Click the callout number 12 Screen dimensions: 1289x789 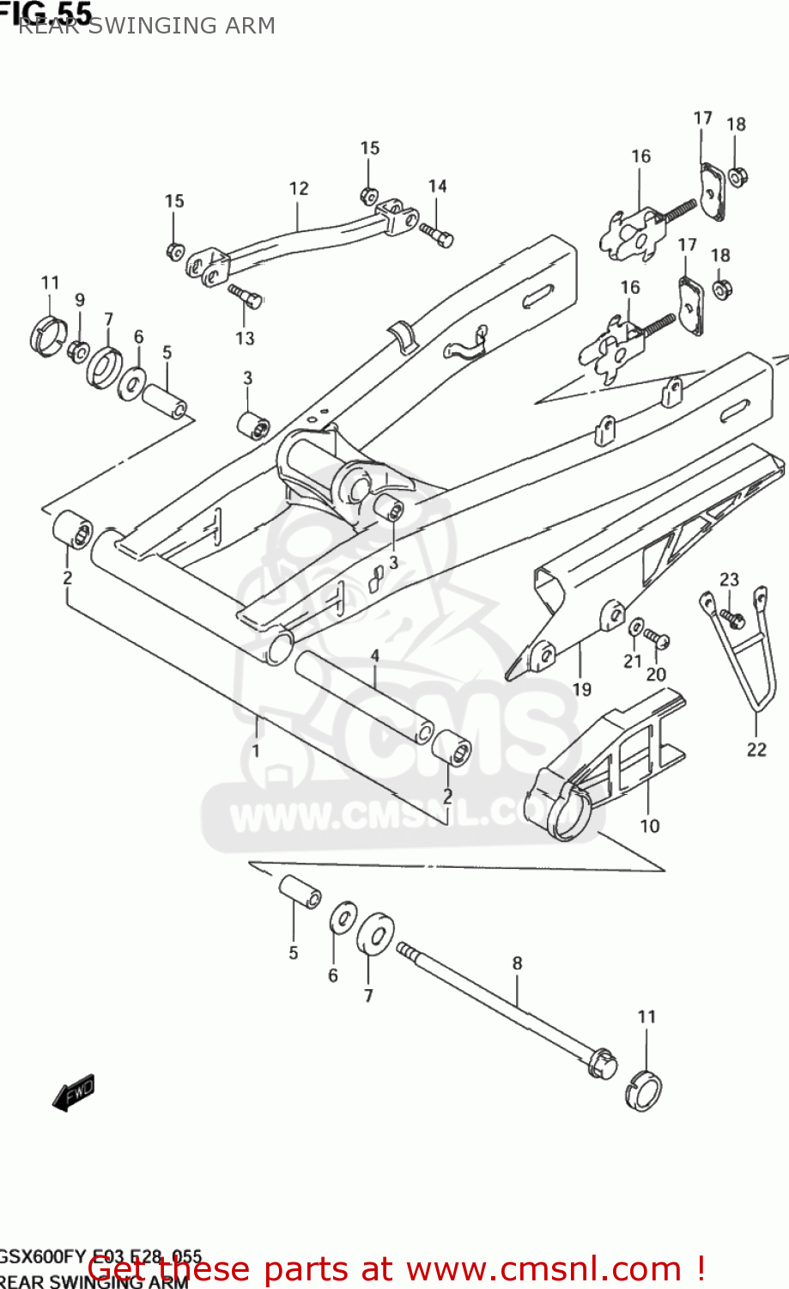[299, 188]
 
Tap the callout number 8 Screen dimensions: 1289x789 [517, 963]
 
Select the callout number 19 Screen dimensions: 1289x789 [582, 689]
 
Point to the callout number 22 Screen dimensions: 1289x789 [756, 749]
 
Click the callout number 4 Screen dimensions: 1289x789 [374, 656]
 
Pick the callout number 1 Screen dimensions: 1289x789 [256, 750]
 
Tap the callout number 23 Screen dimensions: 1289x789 [729, 579]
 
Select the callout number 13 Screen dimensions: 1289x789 [245, 338]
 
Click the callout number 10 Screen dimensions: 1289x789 [650, 826]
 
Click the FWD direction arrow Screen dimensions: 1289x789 [74, 1094]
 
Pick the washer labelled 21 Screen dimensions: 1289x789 [636, 626]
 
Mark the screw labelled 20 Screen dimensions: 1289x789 [658, 638]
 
